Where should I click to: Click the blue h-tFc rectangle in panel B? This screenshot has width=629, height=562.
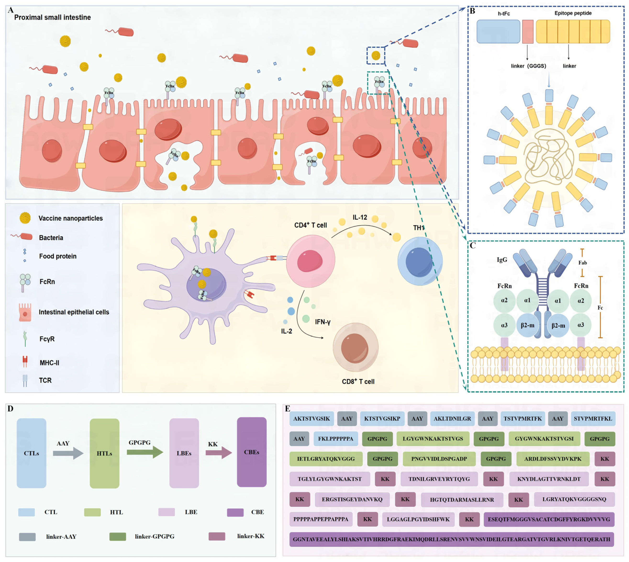(498, 32)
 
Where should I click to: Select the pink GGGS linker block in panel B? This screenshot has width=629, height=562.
(528, 32)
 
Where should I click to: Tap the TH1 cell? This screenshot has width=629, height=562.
(420, 261)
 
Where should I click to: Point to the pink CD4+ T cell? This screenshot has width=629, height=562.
(310, 261)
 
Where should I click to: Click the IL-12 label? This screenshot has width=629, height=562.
(360, 217)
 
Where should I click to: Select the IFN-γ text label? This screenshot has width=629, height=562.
(323, 322)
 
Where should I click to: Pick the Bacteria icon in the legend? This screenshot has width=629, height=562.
(22, 237)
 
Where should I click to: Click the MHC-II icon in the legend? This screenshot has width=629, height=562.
(25, 361)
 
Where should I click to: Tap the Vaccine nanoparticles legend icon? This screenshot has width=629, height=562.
(25, 218)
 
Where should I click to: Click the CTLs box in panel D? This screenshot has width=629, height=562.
(32, 453)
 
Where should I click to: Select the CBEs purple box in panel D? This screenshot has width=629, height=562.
(251, 452)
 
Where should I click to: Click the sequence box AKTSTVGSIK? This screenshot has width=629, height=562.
(311, 419)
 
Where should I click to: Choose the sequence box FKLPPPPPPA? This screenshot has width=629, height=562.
(335, 439)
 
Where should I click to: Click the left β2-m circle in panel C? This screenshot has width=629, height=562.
(527, 325)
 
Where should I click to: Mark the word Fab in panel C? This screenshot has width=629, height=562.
(582, 262)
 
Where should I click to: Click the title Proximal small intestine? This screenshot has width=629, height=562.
(52, 17)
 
